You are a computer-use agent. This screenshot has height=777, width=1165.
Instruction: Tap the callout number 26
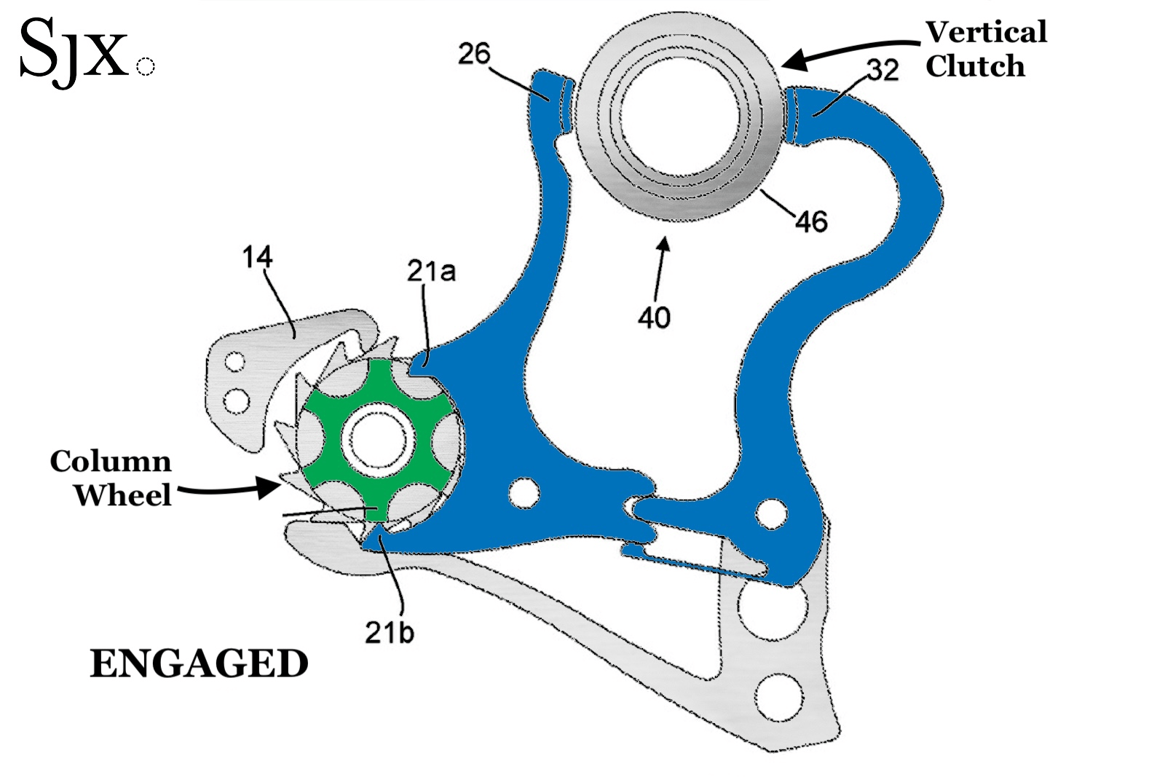pyautogui.click(x=474, y=54)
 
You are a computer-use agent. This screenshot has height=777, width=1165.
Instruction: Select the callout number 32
pyautogui.click(x=882, y=70)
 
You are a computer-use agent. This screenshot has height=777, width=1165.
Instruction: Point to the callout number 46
pyautogui.click(x=811, y=221)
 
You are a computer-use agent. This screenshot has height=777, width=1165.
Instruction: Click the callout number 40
pyautogui.click(x=654, y=317)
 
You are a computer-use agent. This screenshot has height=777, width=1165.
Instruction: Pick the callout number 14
pyautogui.click(x=257, y=257)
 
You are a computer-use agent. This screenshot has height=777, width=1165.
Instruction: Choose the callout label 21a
pyautogui.click(x=431, y=271)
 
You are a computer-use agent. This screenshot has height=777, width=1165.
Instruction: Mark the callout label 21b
pyautogui.click(x=389, y=632)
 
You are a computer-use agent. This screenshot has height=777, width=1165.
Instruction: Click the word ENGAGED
pyautogui.click(x=199, y=664)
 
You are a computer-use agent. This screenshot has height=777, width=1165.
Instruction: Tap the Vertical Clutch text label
pyautogui.click(x=986, y=49)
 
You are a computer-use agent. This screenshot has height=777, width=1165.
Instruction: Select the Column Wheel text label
pyautogui.click(x=111, y=478)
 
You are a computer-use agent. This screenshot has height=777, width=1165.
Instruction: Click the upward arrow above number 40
pyautogui.click(x=660, y=262)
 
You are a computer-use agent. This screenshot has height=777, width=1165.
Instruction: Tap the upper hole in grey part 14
pyautogui.click(x=234, y=362)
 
